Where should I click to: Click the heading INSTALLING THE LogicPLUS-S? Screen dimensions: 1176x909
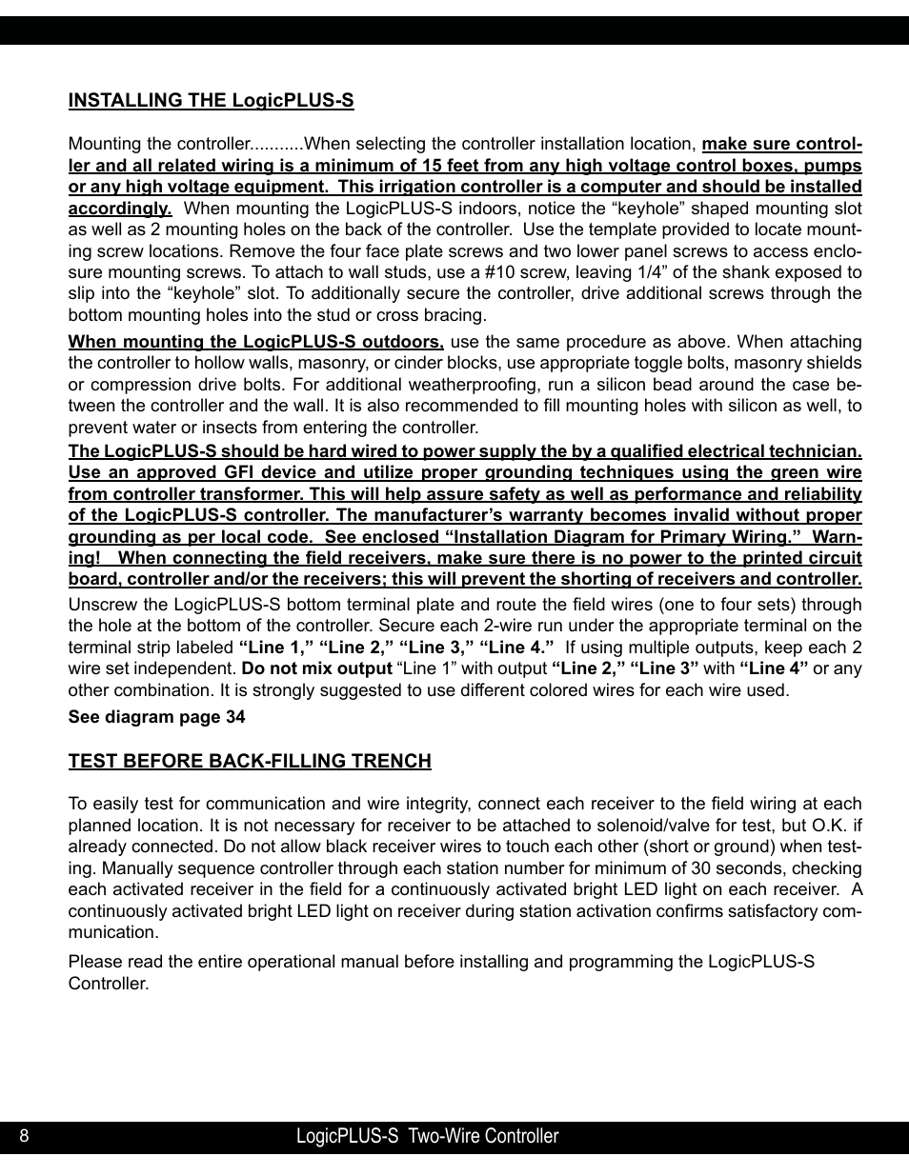click(x=211, y=101)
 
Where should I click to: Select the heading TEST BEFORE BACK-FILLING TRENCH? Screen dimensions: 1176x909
click(x=249, y=761)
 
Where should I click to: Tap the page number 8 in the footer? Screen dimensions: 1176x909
click(x=24, y=1136)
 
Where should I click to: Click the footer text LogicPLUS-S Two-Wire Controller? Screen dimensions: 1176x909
click(x=427, y=1136)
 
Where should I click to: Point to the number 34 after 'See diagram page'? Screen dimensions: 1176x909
click(x=235, y=717)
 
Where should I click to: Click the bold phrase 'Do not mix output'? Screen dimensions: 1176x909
click(x=316, y=668)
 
